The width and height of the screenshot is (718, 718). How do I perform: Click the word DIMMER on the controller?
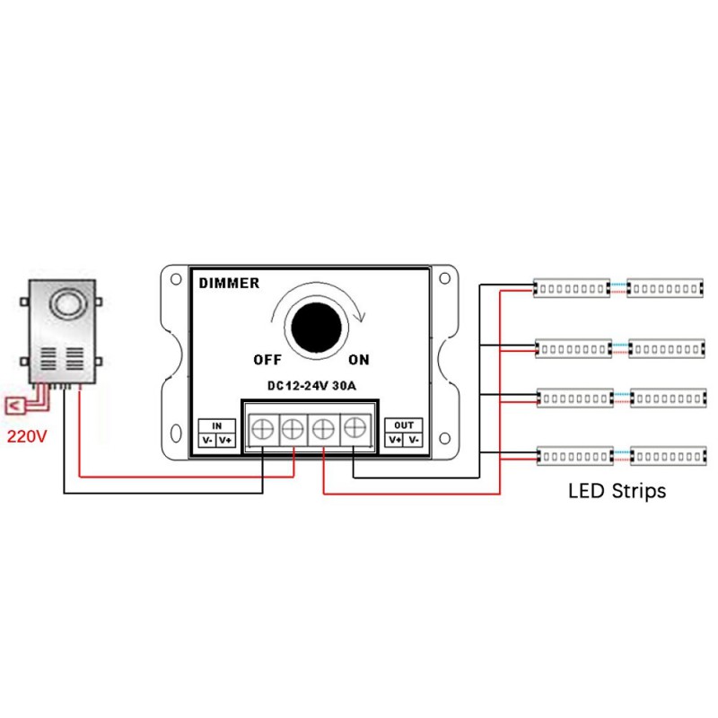point(229,284)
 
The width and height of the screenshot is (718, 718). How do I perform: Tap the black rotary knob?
point(314,327)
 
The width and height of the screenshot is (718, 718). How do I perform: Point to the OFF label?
point(267,360)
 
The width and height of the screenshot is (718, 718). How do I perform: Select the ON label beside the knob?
point(359,360)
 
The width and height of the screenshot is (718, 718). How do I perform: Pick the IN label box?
point(216,425)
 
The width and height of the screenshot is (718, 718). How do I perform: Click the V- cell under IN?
point(207,440)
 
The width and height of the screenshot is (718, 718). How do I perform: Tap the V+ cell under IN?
point(225,440)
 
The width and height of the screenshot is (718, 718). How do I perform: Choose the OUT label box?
point(404,425)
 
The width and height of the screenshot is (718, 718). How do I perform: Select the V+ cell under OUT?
point(395,440)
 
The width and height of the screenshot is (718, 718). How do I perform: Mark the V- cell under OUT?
point(413,440)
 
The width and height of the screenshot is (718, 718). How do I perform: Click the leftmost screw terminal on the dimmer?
point(262,430)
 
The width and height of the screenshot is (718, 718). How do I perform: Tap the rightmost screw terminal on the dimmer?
point(356,430)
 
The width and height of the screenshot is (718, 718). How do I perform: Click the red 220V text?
point(27,438)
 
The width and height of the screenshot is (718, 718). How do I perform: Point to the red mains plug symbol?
point(15,407)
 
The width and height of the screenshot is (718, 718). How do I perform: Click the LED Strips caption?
point(617,492)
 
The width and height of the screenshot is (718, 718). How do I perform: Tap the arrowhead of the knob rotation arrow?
point(360,316)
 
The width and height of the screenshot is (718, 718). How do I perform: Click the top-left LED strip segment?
point(573,287)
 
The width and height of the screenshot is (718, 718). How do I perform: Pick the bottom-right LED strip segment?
point(667,457)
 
